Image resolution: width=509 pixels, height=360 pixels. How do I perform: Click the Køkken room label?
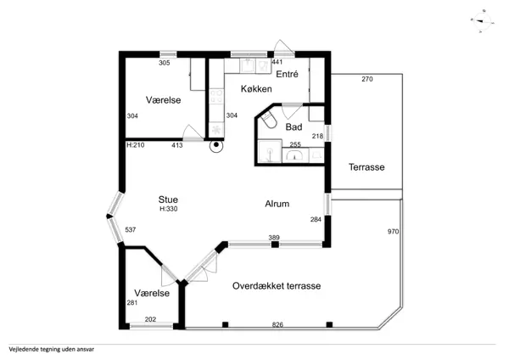pyautogui.click(x=256, y=89)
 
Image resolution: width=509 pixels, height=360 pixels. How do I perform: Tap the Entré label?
pyautogui.click(x=287, y=74)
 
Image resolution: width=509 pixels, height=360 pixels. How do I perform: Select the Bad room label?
pyautogui.click(x=294, y=127)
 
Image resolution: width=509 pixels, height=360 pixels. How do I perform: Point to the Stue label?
pyautogui.click(x=168, y=200)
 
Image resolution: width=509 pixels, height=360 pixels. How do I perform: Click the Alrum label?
pyautogui.click(x=277, y=204)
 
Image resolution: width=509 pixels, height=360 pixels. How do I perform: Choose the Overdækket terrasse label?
pyautogui.click(x=277, y=286)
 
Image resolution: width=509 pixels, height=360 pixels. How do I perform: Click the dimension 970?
pyautogui.click(x=393, y=232)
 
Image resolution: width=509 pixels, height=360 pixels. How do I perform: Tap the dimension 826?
pyautogui.click(x=277, y=324)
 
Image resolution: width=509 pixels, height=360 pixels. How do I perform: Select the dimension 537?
pyautogui.click(x=130, y=230)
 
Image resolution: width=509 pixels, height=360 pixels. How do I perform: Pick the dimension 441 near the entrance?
pyautogui.click(x=277, y=62)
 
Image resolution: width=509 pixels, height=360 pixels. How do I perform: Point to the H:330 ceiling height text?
pyautogui.click(x=169, y=209)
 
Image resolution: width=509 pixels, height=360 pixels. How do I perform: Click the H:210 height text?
pyautogui.click(x=136, y=145)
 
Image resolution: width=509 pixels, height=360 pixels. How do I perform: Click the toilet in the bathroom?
pyautogui.click(x=269, y=120)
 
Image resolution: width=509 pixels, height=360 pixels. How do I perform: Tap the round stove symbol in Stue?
pyautogui.click(x=216, y=146)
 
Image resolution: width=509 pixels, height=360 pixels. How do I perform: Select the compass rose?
pyautogui.click(x=482, y=22)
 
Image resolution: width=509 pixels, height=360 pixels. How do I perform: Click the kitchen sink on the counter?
pyautogui.click(x=248, y=65)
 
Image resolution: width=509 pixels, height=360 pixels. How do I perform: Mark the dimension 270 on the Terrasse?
pyautogui.click(x=367, y=79)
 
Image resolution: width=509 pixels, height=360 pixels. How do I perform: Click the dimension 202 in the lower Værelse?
pyautogui.click(x=150, y=319)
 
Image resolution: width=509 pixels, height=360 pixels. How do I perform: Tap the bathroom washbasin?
pyautogui.click(x=294, y=155)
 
